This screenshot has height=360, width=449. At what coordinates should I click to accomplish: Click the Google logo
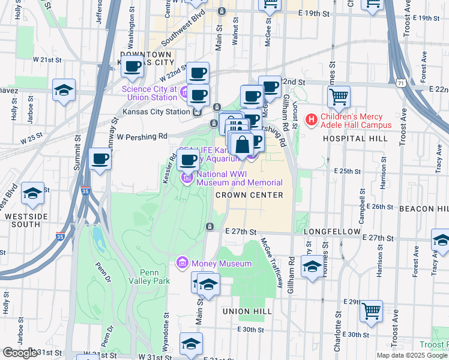(20, 353)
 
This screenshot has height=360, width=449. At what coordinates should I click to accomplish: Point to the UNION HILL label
(247, 311)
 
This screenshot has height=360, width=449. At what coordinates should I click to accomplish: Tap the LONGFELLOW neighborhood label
(332, 232)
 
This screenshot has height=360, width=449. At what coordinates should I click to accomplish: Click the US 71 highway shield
(400, 84)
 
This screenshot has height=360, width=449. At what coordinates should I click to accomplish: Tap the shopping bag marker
(243, 145)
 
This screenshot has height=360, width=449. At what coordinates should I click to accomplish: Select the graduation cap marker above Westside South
(33, 193)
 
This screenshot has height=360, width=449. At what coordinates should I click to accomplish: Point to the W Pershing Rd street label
(142, 136)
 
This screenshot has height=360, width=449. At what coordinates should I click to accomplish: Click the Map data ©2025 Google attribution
(412, 355)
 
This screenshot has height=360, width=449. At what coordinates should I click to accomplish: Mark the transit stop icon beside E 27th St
(210, 226)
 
